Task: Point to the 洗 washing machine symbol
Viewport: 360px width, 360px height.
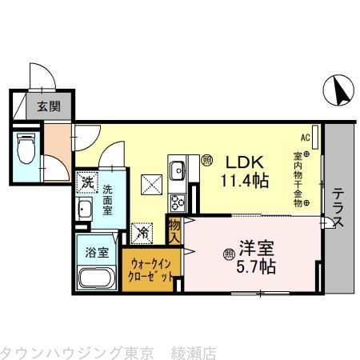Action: tap(86, 182)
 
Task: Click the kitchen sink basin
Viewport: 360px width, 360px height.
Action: tap(178, 170)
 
